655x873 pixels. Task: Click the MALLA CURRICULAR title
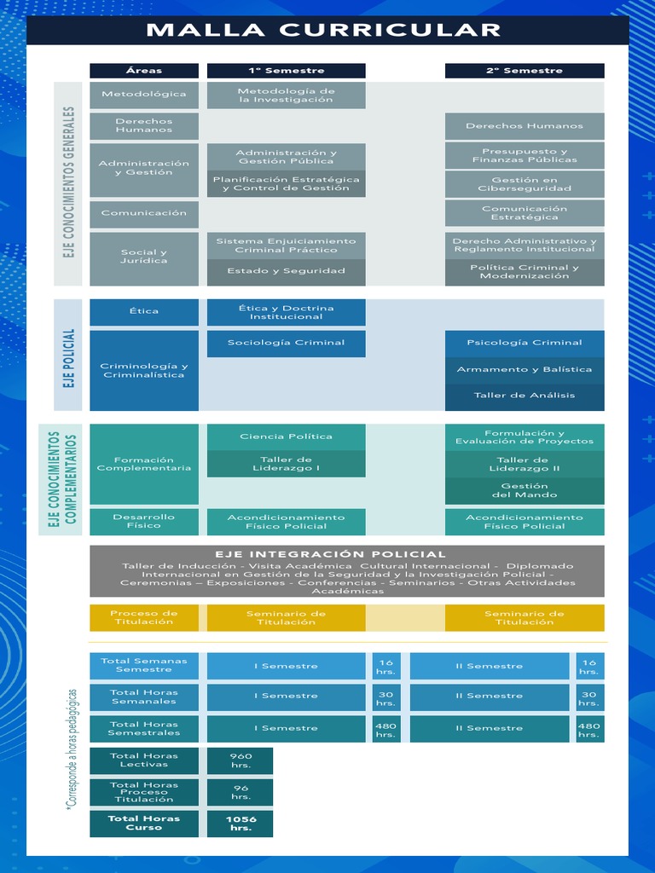tap(323, 31)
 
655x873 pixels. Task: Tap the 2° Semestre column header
tap(525, 71)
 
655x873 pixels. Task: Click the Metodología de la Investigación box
tap(286, 95)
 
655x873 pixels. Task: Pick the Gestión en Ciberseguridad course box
tap(525, 184)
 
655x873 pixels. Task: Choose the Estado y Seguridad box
tap(286, 271)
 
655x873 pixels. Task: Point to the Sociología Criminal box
tap(286, 343)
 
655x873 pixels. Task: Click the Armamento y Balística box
tap(525, 369)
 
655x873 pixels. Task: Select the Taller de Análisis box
tap(525, 396)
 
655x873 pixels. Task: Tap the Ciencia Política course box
tap(286, 436)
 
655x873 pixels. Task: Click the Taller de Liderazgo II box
tap(525, 464)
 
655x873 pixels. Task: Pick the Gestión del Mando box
tap(525, 490)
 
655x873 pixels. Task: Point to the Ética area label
tap(144, 311)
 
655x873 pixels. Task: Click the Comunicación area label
tap(144, 213)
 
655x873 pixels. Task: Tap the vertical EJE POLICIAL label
tap(69, 358)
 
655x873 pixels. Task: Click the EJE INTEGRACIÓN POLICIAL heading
tap(330, 554)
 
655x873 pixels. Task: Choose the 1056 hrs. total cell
tap(241, 824)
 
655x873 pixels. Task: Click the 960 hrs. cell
tap(241, 760)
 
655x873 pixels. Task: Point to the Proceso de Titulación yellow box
tap(144, 617)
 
